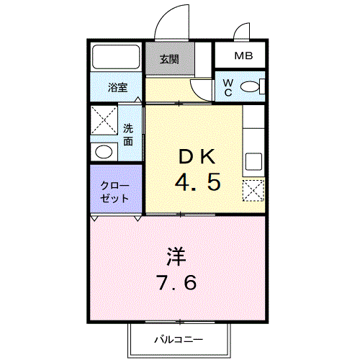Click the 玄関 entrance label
coord(169,59)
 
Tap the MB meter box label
coord(243,56)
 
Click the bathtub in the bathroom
coord(116,57)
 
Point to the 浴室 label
coord(117,87)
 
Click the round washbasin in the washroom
coord(104,152)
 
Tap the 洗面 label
coord(128,135)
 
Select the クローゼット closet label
coord(114,192)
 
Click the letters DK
coord(197,156)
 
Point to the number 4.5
coord(198,182)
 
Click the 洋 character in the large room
coord(176,256)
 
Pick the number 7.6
coord(176,282)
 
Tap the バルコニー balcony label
coord(179,339)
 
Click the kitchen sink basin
coord(253,161)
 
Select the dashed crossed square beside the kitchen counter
coord(253,190)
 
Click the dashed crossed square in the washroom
coord(104,120)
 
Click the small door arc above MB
coord(239,27)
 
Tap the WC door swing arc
coord(197,92)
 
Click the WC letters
coord(228,88)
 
